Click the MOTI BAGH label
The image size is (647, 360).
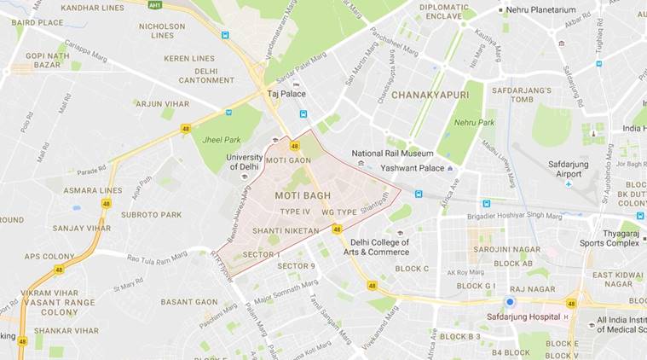(x=300, y=196)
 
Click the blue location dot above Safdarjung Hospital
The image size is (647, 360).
(x=510, y=302)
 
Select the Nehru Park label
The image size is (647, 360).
(x=474, y=123)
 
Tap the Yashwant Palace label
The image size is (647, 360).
(x=413, y=168)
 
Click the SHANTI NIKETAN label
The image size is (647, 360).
(x=286, y=230)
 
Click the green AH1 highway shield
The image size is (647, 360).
(x=155, y=5)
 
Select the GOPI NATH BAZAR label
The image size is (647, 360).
(x=46, y=60)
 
